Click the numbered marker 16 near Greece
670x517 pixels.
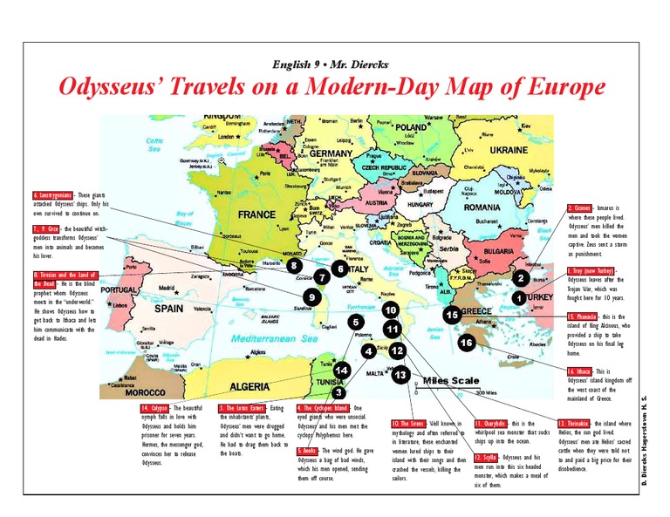[x=467, y=343]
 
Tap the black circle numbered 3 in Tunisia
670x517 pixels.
[x=338, y=392]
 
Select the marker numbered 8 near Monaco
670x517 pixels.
[x=295, y=265]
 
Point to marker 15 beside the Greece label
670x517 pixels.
[x=450, y=315]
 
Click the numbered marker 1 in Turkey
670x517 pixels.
[x=518, y=297]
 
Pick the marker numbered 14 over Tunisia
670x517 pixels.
[x=342, y=371]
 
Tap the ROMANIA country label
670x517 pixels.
[x=482, y=207]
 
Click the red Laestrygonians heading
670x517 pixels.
[x=51, y=195]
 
